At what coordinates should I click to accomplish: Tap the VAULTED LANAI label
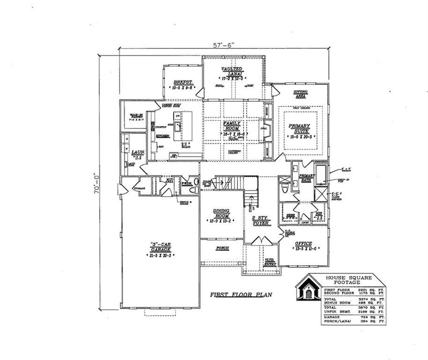pos(232,72)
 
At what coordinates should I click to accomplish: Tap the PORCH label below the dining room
pos(221,248)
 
